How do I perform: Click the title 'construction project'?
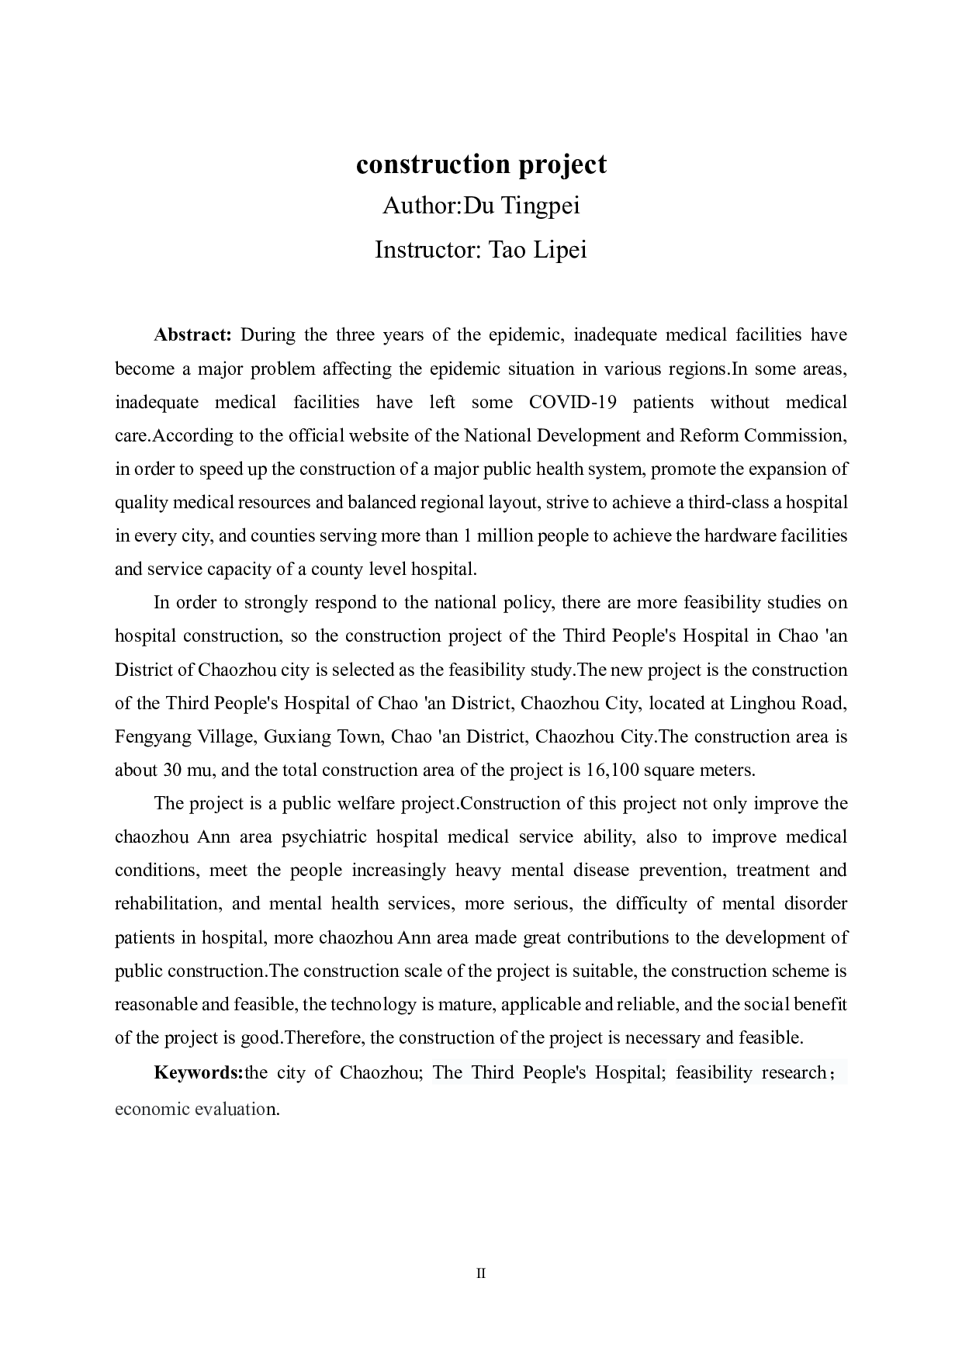(x=481, y=164)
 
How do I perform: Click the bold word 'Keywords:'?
(x=199, y=1073)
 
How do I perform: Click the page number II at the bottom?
(x=481, y=1273)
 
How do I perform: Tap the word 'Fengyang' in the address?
(x=151, y=736)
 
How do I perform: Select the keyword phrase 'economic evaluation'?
(x=196, y=1109)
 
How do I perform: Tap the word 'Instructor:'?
(x=429, y=250)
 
